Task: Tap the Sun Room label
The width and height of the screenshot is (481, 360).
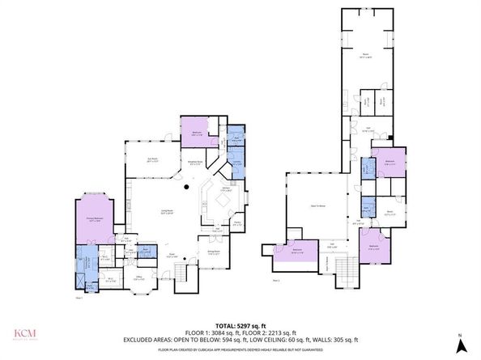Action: pyautogui.click(x=151, y=159)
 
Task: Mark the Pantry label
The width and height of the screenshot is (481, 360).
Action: pyautogui.click(x=237, y=223)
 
